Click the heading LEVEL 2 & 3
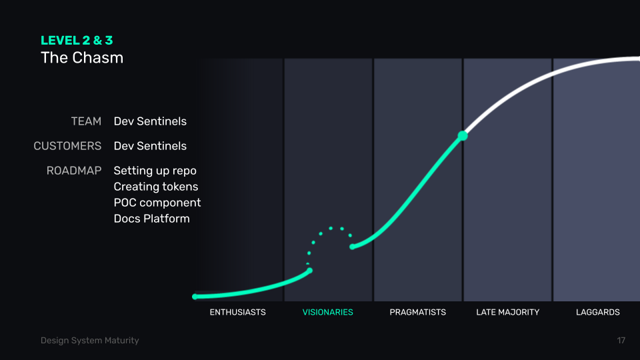click(77, 41)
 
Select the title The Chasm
click(82, 57)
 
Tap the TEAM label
click(86, 121)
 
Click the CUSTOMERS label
click(67, 146)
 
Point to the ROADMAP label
click(74, 171)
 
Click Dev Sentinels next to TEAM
click(150, 121)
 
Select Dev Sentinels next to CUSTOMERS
click(150, 146)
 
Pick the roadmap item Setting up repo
click(155, 171)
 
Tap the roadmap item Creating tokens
click(155, 187)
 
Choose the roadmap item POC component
click(157, 203)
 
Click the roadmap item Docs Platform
click(151, 219)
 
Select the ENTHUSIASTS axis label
click(237, 312)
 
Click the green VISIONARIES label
click(327, 312)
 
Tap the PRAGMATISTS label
click(417, 312)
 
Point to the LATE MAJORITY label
click(507, 312)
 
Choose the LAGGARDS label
click(597, 312)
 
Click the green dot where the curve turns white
click(463, 136)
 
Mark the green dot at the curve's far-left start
click(195, 297)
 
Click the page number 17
click(621, 341)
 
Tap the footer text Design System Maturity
click(89, 341)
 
